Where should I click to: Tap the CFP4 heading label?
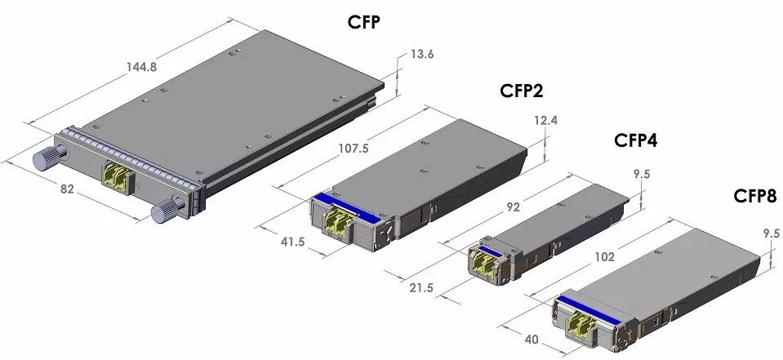click(x=634, y=141)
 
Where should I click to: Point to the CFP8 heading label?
click(x=754, y=197)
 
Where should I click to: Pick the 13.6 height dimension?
click(x=422, y=55)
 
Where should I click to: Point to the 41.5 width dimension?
click(x=291, y=242)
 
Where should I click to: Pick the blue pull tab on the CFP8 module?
click(x=586, y=307)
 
